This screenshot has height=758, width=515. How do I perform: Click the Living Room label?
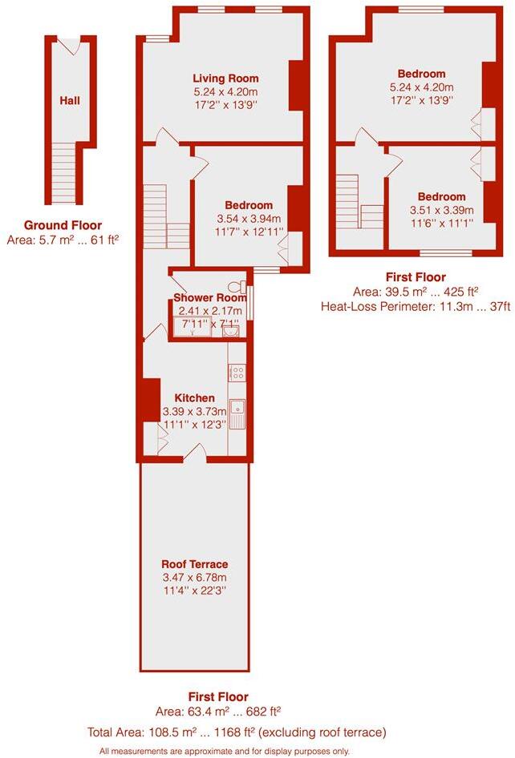click(225, 79)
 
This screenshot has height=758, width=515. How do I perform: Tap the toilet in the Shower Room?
click(235, 286)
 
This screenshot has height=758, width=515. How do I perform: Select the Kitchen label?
click(195, 398)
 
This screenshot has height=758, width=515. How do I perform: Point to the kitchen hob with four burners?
click(238, 373)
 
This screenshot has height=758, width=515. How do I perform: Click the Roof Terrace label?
click(195, 564)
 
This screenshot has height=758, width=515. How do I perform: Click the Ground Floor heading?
click(63, 225)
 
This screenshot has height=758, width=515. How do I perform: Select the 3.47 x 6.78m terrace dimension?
click(195, 578)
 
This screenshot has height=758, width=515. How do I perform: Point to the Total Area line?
click(238, 732)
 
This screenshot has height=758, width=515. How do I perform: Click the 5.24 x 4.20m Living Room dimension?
click(225, 92)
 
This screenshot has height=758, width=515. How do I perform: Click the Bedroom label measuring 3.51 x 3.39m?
click(441, 196)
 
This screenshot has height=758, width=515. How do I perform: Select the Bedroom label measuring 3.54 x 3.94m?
click(249, 205)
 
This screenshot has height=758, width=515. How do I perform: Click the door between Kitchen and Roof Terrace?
click(195, 457)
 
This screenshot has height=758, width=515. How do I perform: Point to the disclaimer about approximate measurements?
click(225, 751)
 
